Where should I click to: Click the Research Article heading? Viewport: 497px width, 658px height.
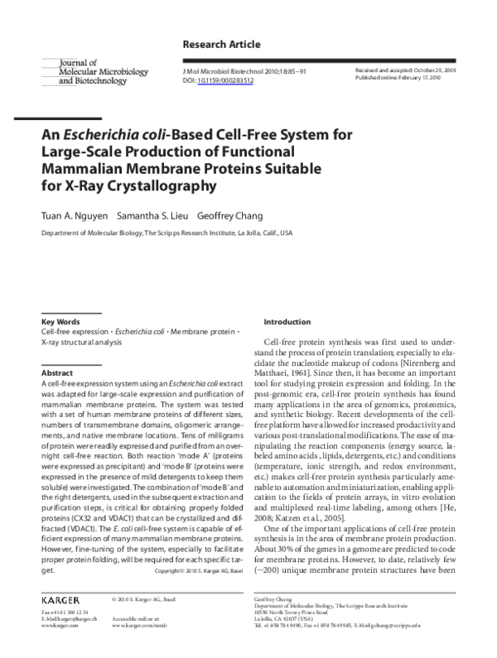[x=220, y=44]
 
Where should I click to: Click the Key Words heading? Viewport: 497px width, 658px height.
[x=60, y=321]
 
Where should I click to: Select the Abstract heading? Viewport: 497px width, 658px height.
[x=58, y=373]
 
